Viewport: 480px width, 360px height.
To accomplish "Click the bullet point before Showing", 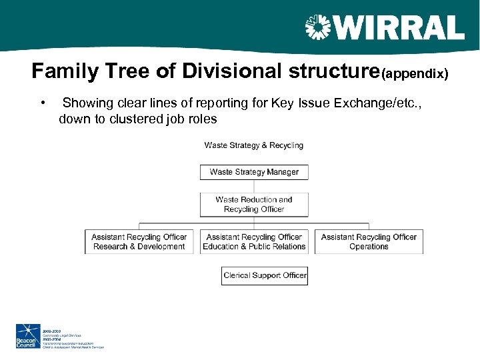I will (43, 103).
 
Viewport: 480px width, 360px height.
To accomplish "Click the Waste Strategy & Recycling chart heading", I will (253, 145).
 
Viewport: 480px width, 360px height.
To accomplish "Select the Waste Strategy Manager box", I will (254, 172).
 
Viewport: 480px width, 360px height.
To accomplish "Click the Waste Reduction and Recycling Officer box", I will (254, 204).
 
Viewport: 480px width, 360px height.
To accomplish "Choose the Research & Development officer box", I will (139, 241).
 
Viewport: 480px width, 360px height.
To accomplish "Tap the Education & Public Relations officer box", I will (254, 241).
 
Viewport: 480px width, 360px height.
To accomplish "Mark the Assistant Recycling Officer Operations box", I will (369, 241).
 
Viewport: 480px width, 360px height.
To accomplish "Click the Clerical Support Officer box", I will (265, 275).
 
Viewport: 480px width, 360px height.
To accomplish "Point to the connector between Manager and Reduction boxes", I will (254, 186).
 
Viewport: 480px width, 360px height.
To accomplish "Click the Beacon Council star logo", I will (28, 336).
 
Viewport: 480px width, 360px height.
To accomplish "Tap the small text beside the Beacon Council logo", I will (73, 337).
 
